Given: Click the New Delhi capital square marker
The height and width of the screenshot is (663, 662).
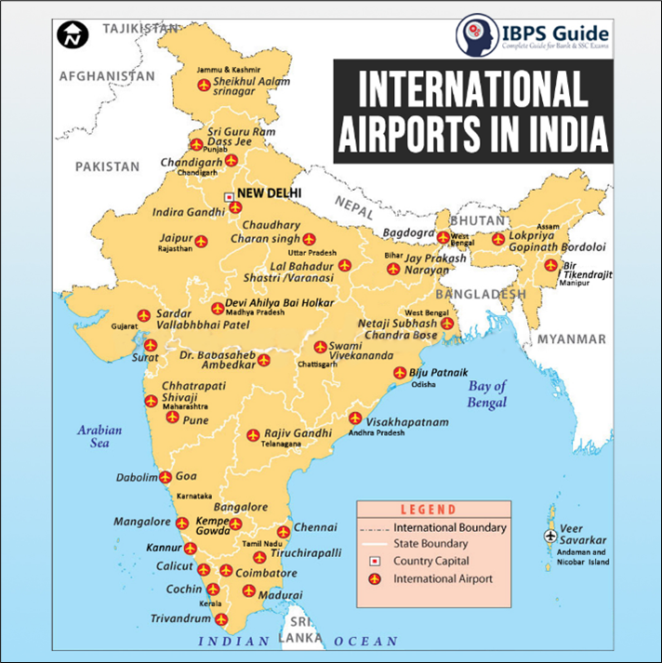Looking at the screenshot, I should (x=229, y=196).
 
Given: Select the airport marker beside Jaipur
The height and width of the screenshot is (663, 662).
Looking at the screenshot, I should (x=201, y=241).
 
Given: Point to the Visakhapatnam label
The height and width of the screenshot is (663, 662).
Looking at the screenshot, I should (x=407, y=421).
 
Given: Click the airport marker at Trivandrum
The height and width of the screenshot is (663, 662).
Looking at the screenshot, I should (x=220, y=618).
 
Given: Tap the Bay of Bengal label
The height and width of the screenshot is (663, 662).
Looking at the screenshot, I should (x=487, y=393).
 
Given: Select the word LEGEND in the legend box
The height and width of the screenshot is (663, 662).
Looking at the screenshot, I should (x=429, y=510).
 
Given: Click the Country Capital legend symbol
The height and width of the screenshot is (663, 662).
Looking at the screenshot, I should (x=375, y=561).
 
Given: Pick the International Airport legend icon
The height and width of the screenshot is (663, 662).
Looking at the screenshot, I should (x=375, y=578).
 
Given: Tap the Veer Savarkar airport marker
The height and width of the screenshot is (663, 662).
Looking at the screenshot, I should (x=549, y=537).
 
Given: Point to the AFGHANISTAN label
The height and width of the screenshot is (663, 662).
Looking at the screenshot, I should (x=104, y=75).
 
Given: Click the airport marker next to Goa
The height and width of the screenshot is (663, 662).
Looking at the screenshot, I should (x=165, y=476).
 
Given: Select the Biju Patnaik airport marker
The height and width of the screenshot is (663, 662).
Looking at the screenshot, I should (x=401, y=374).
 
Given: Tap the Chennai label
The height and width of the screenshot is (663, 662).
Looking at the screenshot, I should (x=315, y=527).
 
